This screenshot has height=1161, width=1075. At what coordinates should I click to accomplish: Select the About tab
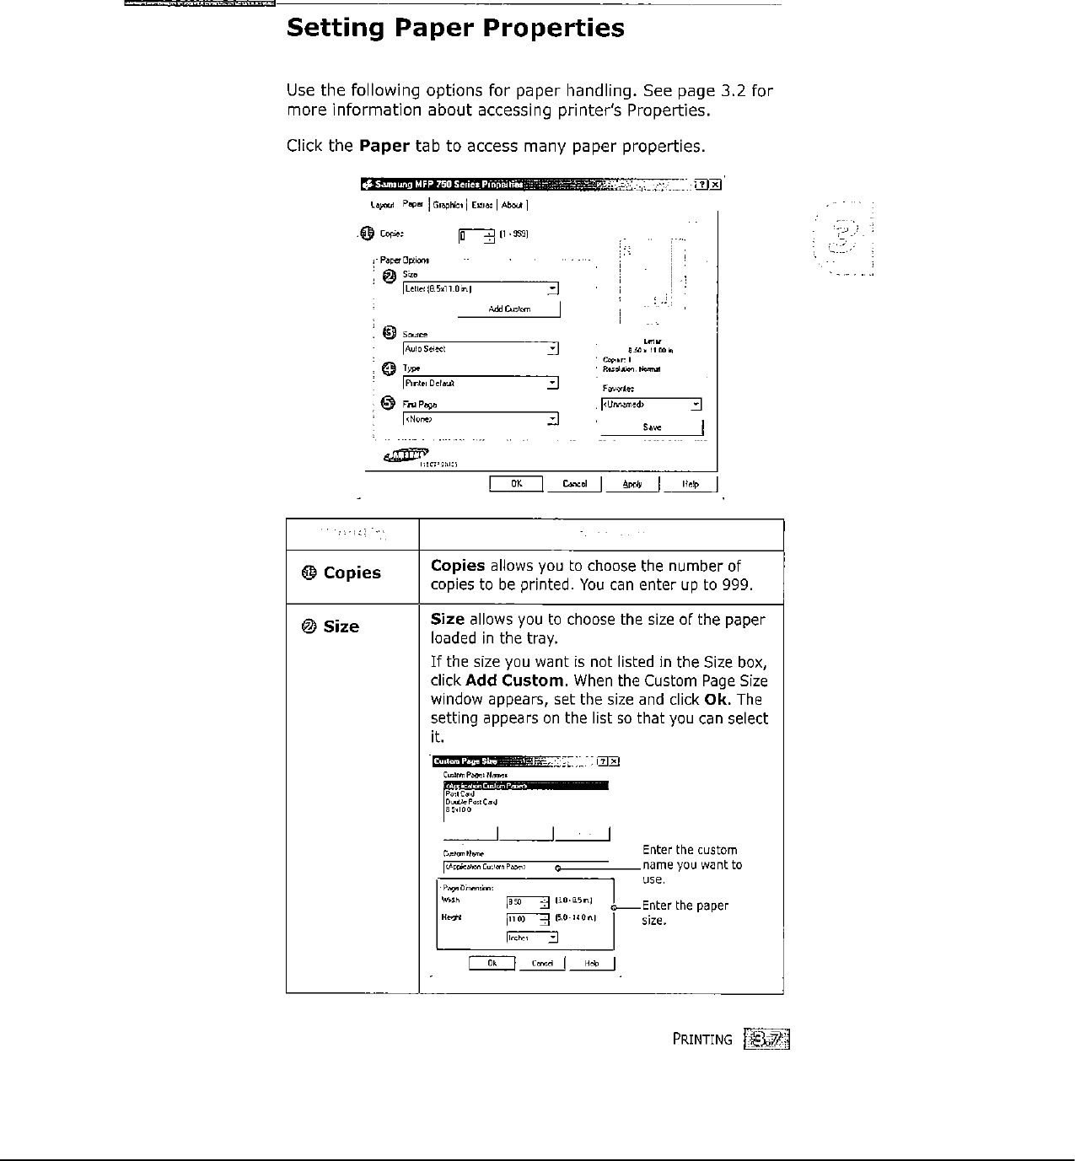click(x=512, y=205)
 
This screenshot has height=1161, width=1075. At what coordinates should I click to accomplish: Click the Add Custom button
click(x=508, y=309)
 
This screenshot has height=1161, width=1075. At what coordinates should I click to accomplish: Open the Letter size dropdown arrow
click(x=551, y=289)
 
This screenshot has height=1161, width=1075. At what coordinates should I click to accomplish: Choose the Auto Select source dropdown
click(x=481, y=349)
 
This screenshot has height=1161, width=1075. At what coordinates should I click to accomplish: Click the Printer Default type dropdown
click(x=481, y=384)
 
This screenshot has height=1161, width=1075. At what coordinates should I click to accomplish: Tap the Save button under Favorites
click(x=652, y=427)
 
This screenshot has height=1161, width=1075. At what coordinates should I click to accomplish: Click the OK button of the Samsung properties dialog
click(x=516, y=484)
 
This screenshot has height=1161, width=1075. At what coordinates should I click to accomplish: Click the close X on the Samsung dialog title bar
click(x=715, y=185)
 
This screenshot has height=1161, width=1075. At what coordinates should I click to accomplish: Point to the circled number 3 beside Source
click(x=389, y=332)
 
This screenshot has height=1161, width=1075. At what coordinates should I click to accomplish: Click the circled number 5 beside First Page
click(x=389, y=402)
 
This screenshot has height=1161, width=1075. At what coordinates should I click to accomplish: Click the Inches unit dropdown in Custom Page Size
click(x=532, y=938)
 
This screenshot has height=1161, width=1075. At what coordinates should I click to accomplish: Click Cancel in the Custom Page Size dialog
click(x=542, y=964)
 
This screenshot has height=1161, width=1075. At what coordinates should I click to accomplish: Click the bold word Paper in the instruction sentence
click(x=384, y=146)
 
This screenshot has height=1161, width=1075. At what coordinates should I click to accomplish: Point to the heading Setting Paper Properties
click(x=455, y=29)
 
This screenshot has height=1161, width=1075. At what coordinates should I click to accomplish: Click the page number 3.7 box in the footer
click(x=766, y=1039)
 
